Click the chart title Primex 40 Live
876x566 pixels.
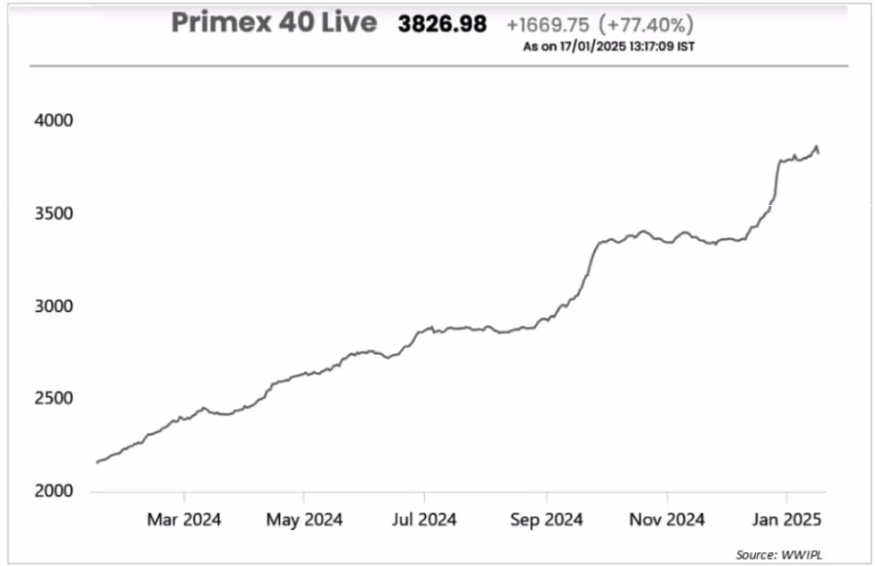coord(274,23)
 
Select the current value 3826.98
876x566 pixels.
coord(442,25)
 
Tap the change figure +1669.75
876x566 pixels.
coord(549,25)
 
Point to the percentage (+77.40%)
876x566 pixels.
coord(647,25)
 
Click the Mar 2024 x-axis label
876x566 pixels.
coord(184,521)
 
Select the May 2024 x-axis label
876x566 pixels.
coord(304,521)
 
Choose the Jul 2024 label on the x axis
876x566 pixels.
coord(423,521)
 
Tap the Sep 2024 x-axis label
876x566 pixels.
coord(545,521)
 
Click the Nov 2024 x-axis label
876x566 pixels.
coord(666,521)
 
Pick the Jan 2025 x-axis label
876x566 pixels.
coord(785,521)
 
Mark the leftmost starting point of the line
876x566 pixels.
coord(97,463)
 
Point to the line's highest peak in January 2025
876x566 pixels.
coord(816,146)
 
